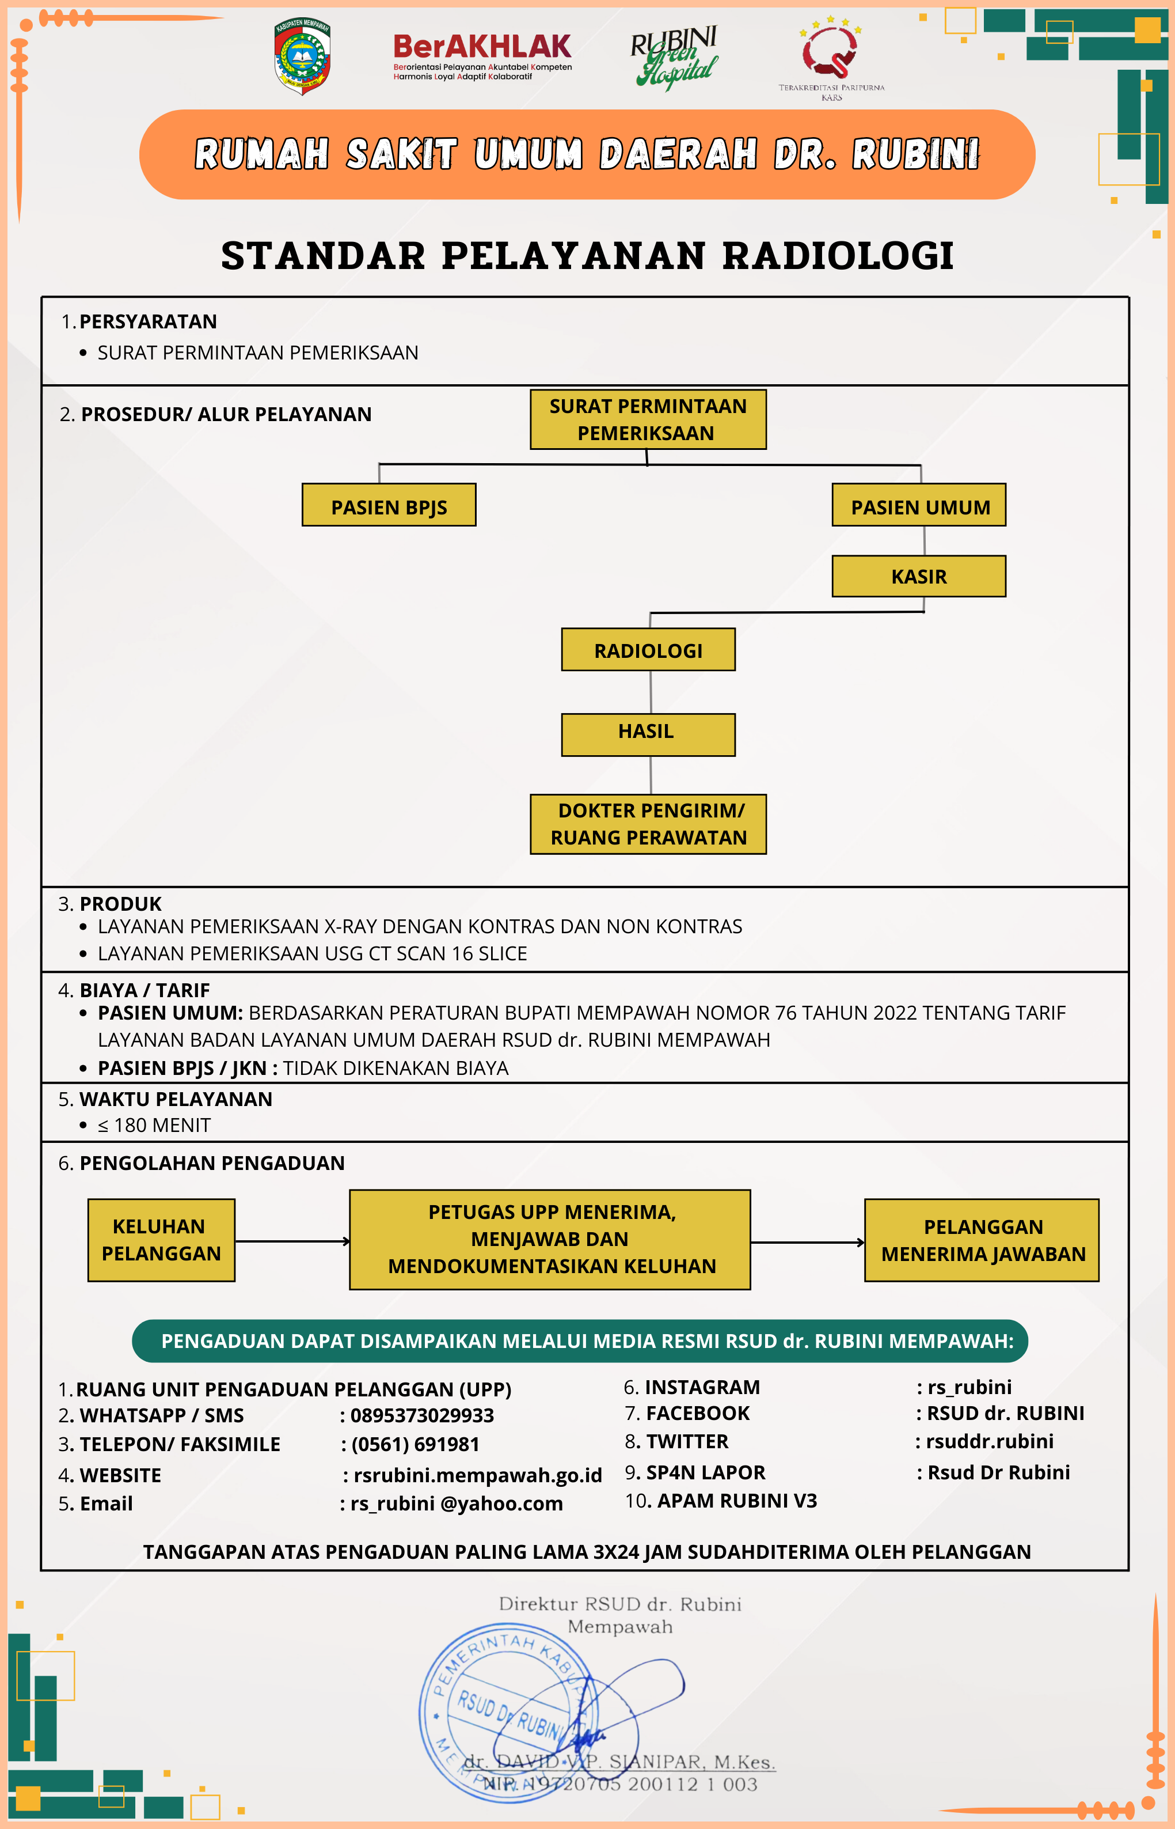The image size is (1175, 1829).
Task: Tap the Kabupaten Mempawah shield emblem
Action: tap(302, 56)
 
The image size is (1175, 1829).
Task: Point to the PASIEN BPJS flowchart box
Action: tap(389, 505)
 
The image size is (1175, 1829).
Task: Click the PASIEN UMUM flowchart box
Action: tap(919, 505)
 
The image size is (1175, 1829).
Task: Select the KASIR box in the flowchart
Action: tap(919, 576)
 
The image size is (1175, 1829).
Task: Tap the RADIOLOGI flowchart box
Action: tap(649, 650)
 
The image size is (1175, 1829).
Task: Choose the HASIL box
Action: tap(649, 734)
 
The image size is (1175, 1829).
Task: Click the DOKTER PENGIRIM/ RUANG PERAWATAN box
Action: tap(649, 824)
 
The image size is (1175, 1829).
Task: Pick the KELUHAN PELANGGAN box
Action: tap(161, 1240)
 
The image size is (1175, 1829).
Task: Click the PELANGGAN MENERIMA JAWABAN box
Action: tap(982, 1240)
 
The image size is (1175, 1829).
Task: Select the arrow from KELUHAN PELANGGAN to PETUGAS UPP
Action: tap(292, 1241)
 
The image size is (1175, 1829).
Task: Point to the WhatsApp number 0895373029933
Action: tap(422, 1416)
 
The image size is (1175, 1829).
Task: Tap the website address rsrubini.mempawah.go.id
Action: tap(478, 1475)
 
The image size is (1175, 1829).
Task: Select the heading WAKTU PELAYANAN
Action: tap(176, 1099)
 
